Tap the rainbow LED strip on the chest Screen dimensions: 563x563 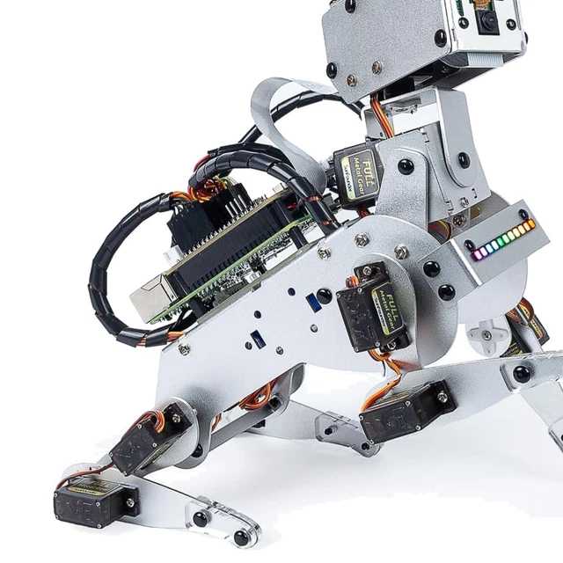[504, 239]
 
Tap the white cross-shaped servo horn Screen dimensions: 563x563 [486, 335]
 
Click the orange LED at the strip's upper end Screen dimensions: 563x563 [530, 223]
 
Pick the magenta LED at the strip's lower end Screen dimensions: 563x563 [477, 256]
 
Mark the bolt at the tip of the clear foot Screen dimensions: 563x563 [240, 537]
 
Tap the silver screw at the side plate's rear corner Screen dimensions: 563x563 [183, 349]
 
